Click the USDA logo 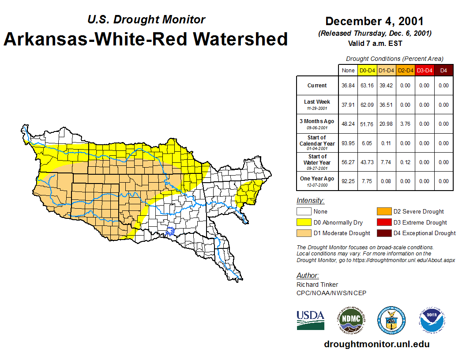tap(310, 320)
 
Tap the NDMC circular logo tap(351, 320)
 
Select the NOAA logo tap(432, 320)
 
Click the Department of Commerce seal tap(391, 320)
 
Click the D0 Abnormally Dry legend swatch tap(304, 222)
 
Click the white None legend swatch tap(304, 212)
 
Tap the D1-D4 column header tap(387, 70)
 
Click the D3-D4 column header tap(424, 70)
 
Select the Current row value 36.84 tap(348, 86)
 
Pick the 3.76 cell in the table tap(405, 124)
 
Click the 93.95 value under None tap(348, 143)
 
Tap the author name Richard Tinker tap(317, 285)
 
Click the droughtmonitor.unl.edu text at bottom tap(376, 345)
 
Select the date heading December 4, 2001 tap(374, 21)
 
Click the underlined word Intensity tap(310, 201)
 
